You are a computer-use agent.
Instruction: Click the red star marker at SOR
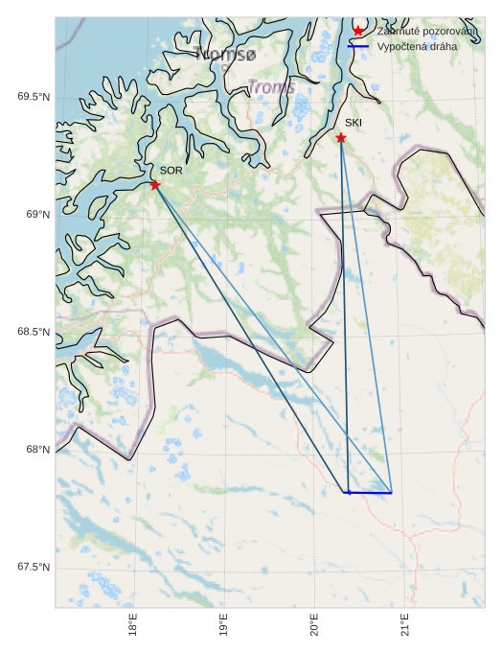pyautogui.click(x=155, y=184)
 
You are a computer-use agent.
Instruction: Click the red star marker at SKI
pyautogui.click(x=341, y=138)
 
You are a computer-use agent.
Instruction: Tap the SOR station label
pyautogui.click(x=171, y=171)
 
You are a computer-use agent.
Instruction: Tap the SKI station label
pyautogui.click(x=354, y=124)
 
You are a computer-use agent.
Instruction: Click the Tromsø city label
pyautogui.click(x=225, y=53)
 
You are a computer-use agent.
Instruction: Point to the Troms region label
pyautogui.click(x=272, y=87)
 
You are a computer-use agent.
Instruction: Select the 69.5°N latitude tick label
pyautogui.click(x=34, y=97)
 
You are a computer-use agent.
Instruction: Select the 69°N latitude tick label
pyautogui.click(x=37, y=215)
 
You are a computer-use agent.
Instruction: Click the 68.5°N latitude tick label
pyautogui.click(x=34, y=333)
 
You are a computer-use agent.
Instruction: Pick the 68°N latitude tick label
pyautogui.click(x=37, y=450)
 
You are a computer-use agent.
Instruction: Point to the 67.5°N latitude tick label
pyautogui.click(x=34, y=568)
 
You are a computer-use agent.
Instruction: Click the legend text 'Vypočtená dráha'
pyautogui.click(x=417, y=46)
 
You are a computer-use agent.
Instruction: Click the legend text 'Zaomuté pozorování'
pyautogui.click(x=426, y=32)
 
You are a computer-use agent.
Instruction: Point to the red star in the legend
pyautogui.click(x=358, y=31)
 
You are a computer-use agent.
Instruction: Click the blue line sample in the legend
pyautogui.click(x=358, y=46)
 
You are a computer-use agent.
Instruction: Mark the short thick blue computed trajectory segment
pyautogui.click(x=368, y=493)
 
